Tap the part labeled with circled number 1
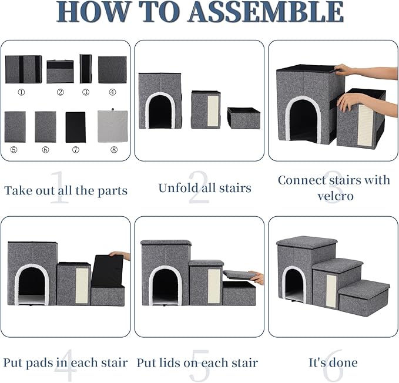23,69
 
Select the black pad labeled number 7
75,127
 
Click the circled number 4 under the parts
113,92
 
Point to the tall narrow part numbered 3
86,69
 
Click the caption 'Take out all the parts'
65,190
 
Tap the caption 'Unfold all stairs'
204,188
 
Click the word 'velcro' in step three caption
334,196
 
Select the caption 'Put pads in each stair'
65,362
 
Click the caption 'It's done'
333,362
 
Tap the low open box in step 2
244,117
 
